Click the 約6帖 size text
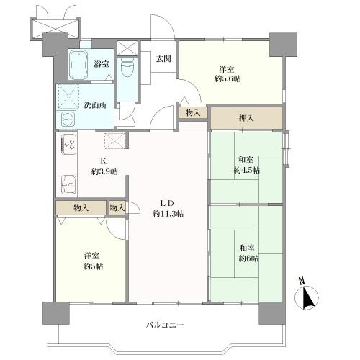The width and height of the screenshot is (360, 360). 249,258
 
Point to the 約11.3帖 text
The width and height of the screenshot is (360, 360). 168,214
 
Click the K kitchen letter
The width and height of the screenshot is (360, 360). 104,161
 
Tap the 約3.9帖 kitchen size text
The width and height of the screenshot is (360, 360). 104,171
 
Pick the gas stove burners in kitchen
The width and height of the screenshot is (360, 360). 69,145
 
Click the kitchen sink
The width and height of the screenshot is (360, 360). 68,185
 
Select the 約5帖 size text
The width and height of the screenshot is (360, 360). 92,266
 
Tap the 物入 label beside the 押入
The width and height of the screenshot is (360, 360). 192,113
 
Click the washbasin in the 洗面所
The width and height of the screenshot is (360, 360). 68,119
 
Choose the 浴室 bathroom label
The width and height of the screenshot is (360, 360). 102,64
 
